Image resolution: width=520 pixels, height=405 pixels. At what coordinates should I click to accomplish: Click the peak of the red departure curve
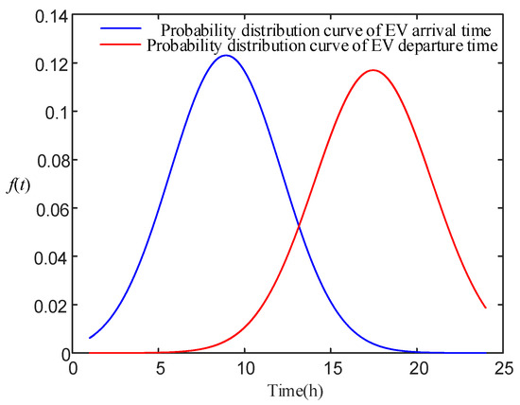[x=373, y=70]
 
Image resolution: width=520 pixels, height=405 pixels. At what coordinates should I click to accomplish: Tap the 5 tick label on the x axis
[x=159, y=369]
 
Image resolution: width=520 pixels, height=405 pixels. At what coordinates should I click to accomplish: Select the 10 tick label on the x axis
[x=245, y=369]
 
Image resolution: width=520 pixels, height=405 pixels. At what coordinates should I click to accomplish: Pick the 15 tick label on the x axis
[x=331, y=369]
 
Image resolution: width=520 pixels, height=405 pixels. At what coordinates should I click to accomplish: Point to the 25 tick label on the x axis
[x=503, y=369]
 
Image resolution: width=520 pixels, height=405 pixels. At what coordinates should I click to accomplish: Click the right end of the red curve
[x=486, y=308]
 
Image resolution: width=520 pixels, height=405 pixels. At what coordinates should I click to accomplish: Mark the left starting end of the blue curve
[x=90, y=338]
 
